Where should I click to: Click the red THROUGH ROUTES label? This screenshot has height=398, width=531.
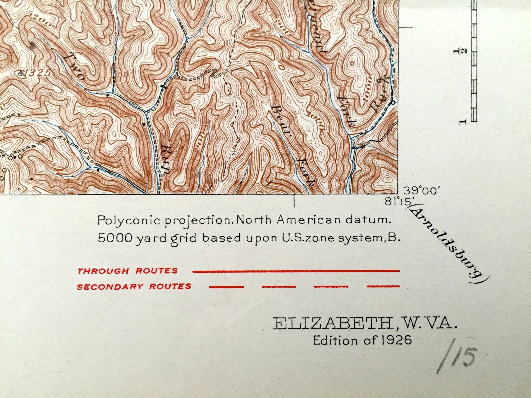coord(127,271)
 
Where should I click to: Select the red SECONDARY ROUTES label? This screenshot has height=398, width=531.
coord(134,286)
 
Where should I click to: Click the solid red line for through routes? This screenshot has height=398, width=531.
coord(296,271)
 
